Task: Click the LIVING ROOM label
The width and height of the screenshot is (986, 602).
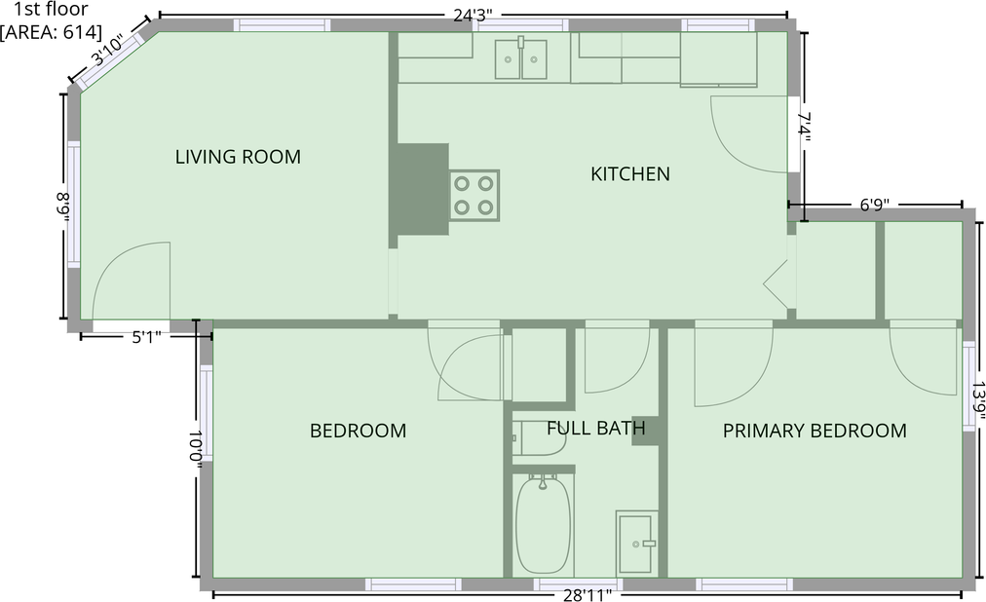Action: [238, 157]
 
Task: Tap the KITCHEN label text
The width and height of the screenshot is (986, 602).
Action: [630, 174]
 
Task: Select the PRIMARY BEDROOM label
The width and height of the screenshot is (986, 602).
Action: [815, 431]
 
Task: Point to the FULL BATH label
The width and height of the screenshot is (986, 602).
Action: [595, 428]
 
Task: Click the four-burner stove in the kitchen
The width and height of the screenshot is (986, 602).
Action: [474, 194]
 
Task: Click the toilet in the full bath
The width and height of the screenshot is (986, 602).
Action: [539, 438]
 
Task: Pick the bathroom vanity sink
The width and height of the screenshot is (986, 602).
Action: [636, 544]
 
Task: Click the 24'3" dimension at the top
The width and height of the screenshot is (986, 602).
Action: [473, 15]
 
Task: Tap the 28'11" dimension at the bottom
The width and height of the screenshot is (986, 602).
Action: [587, 593]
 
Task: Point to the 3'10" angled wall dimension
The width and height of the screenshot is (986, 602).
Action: [107, 52]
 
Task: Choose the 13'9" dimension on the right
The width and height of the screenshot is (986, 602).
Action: [977, 400]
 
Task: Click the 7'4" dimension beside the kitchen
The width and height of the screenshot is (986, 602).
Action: [805, 128]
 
